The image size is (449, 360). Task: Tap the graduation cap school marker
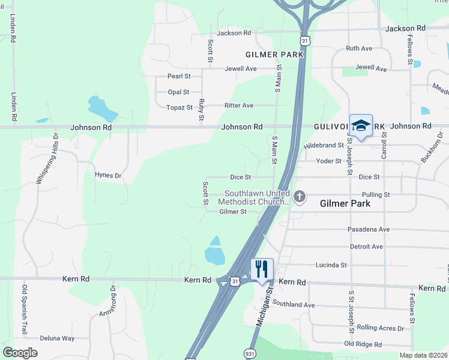pos(361,125)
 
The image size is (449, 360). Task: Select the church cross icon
pos(300,196)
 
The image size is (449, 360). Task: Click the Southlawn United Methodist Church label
pos(257,197)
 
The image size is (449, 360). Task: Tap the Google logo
pos(20,352)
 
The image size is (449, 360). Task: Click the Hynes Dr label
pos(108,175)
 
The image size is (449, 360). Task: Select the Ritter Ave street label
pos(239,106)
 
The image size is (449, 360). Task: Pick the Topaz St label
pos(179,108)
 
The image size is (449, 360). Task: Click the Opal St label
pos(178,92)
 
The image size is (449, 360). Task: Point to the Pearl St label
pos(179,76)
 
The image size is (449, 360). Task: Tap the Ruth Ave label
pos(359,49)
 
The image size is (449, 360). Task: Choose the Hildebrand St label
pos(324,145)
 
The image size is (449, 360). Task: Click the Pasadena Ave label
pos(369,230)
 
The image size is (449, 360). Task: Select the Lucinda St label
pos(331,265)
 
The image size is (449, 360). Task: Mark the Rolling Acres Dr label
pos(381,327)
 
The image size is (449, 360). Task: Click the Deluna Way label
pos(57,338)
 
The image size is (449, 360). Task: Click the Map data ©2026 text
pos(423,355)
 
